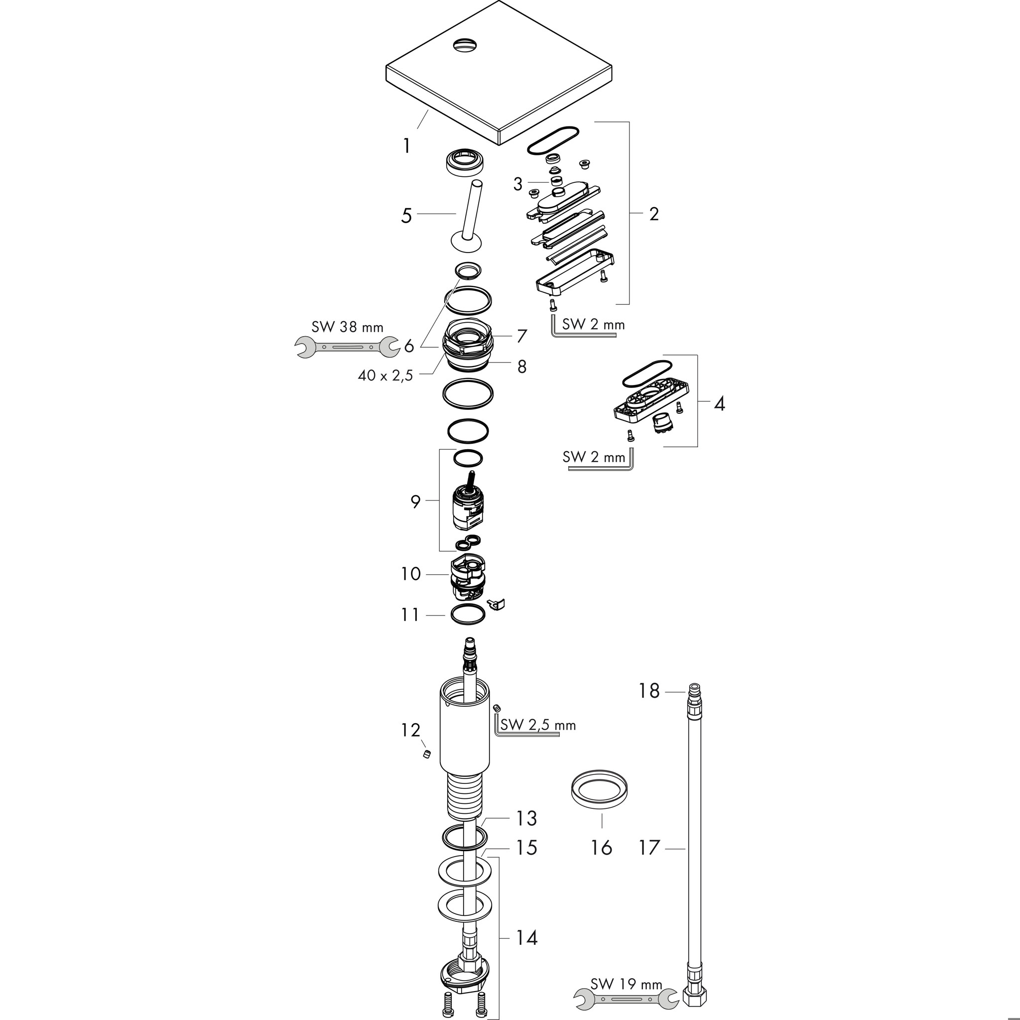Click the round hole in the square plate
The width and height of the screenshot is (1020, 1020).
click(464, 44)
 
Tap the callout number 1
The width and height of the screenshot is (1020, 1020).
click(406, 146)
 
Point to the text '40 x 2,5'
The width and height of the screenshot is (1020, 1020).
click(385, 376)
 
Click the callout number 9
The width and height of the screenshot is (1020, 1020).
click(415, 502)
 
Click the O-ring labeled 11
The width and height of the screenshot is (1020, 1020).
click(468, 615)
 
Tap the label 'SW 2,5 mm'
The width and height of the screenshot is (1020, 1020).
click(538, 725)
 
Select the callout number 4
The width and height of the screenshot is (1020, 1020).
click(719, 404)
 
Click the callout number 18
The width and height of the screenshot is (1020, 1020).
click(649, 691)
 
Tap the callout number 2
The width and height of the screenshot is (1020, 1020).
click(653, 214)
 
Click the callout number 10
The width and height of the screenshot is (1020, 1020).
click(410, 574)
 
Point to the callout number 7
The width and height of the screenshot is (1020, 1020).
click(521, 336)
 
